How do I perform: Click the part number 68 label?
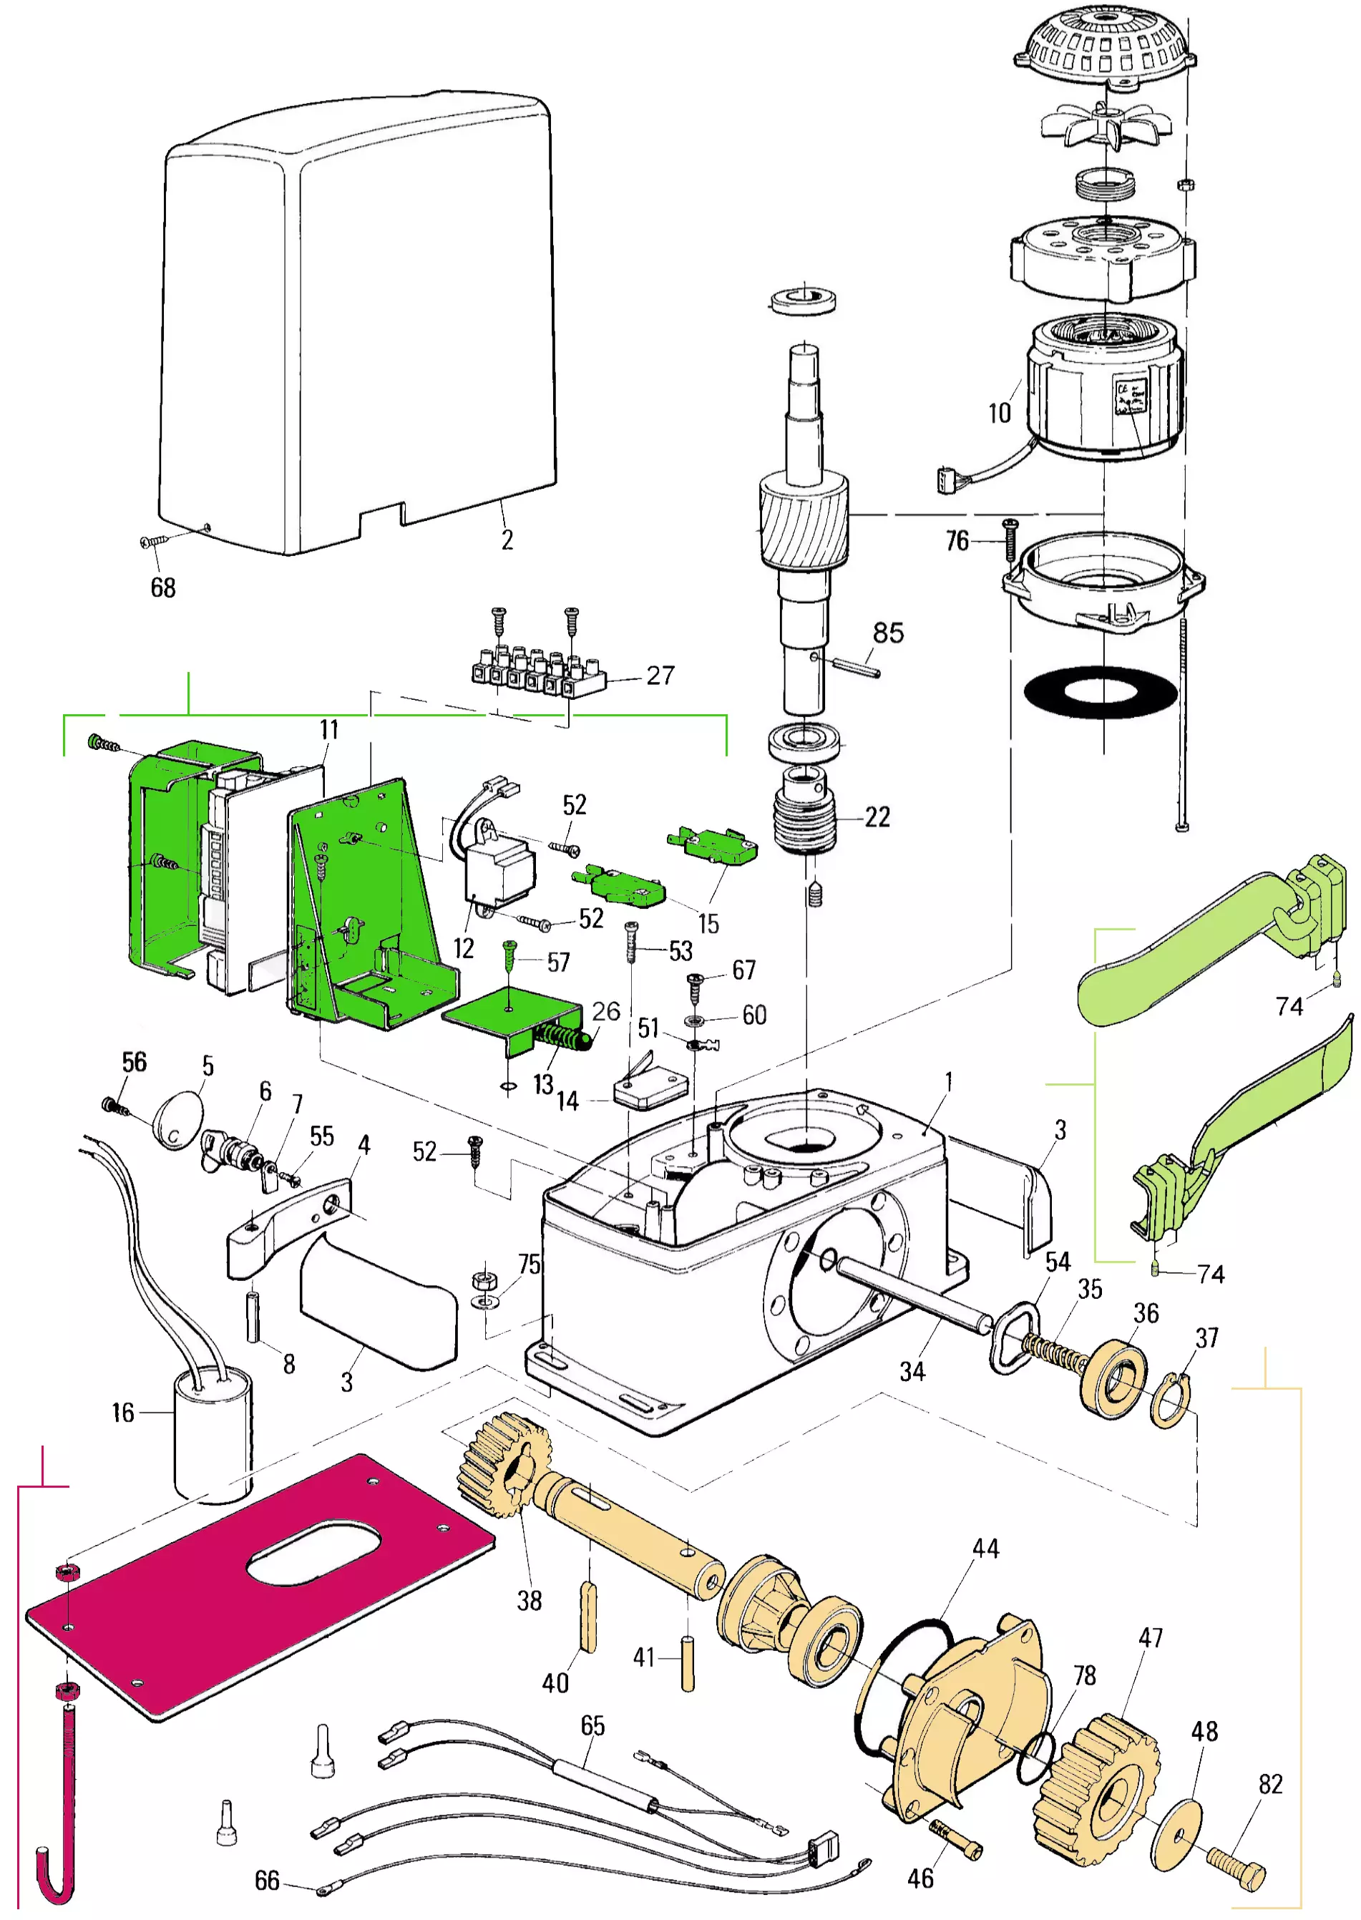[162, 588]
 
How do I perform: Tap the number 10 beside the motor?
[1000, 412]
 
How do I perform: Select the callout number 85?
[888, 633]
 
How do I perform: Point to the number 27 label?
[660, 676]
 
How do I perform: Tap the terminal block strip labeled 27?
[537, 671]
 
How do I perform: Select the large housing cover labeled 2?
[361, 327]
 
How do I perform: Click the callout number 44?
[985, 1549]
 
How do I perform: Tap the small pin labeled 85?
[856, 668]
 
